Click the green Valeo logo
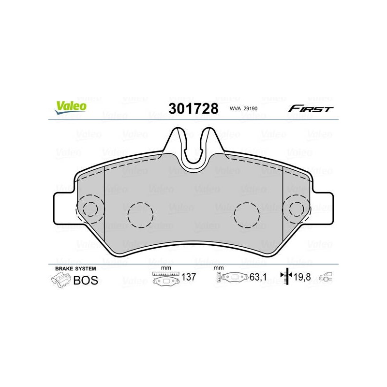coord(71,107)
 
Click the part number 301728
coord(193,108)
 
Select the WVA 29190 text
coord(243,108)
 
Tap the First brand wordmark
coord(311,108)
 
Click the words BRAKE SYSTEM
coord(75,268)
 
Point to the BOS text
coord(86,281)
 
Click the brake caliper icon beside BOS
coord(61,281)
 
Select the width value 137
coord(189,277)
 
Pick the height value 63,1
coord(258,277)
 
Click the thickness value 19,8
coord(302,277)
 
